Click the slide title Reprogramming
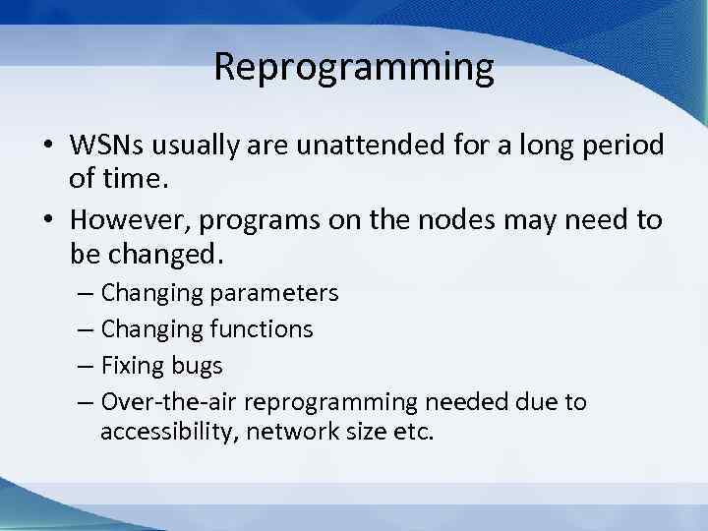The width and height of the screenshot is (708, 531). pyautogui.click(x=354, y=68)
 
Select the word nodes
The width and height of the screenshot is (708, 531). pyautogui.click(x=459, y=220)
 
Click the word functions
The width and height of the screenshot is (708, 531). pyautogui.click(x=254, y=329)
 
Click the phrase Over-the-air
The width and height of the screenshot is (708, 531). pyautogui.click(x=168, y=402)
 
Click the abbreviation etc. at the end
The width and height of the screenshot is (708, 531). pyautogui.click(x=412, y=431)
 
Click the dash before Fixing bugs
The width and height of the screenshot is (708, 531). pyautogui.click(x=85, y=366)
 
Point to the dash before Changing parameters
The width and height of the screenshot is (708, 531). pyautogui.click(x=85, y=293)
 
